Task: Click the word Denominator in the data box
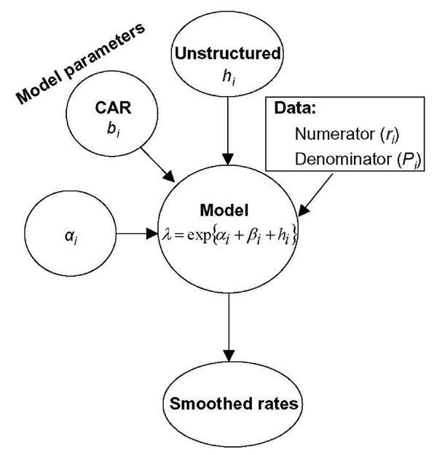pyautogui.click(x=334, y=159)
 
